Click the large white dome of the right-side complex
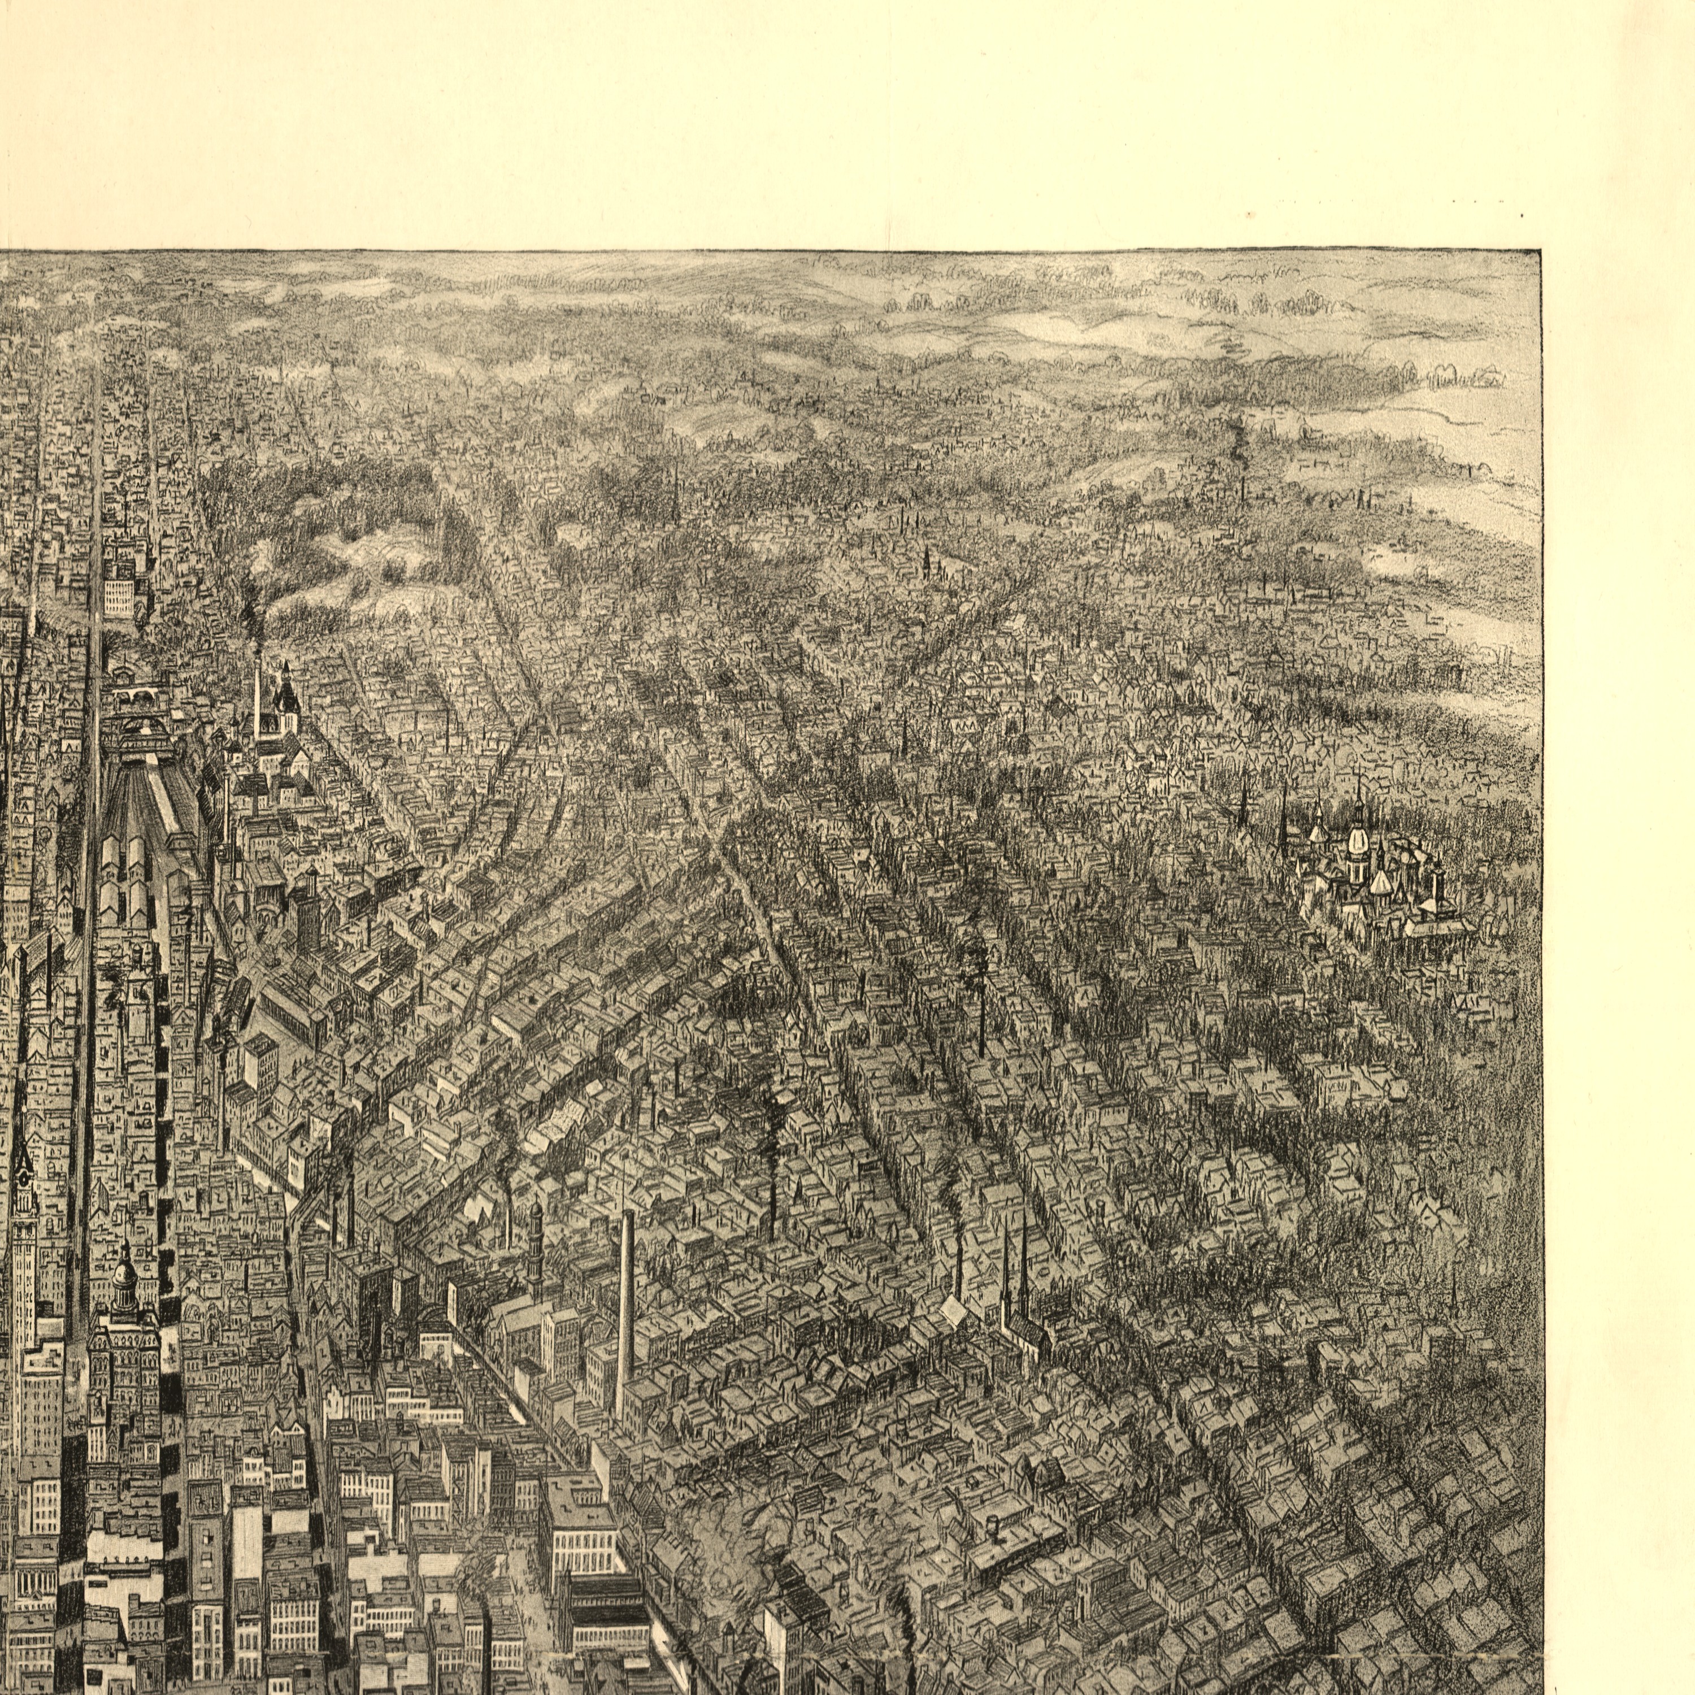click(1357, 842)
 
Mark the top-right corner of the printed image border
click(1541, 250)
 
